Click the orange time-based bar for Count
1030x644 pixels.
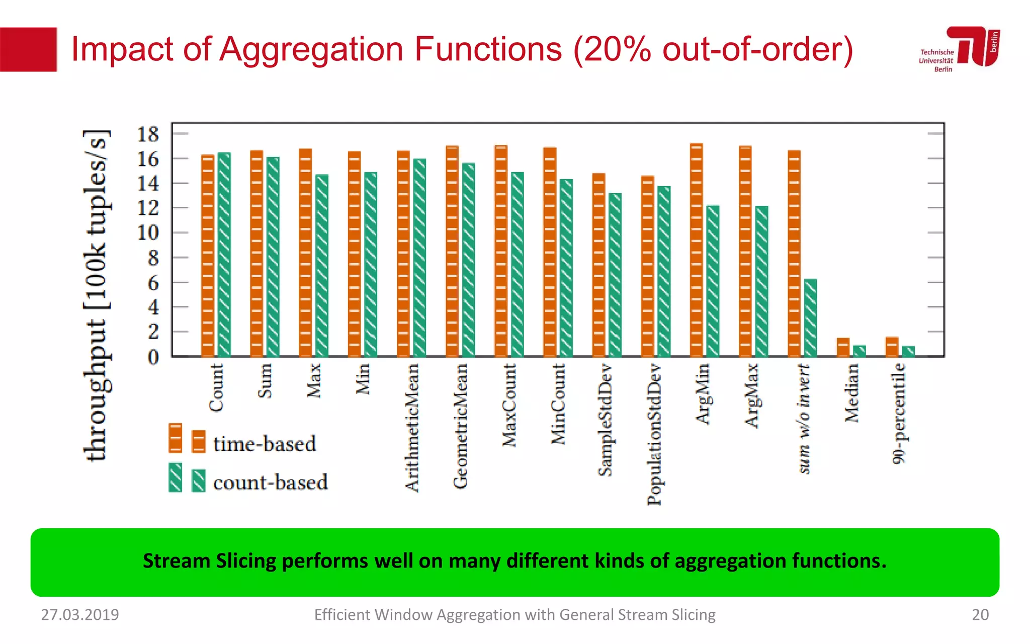click(208, 257)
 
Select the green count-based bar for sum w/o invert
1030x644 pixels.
click(810, 318)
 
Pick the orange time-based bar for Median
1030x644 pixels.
click(843, 347)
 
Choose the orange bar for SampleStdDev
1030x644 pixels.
click(598, 265)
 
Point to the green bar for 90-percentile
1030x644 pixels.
click(908, 351)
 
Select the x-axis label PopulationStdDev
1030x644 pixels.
click(654, 434)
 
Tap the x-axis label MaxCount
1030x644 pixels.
click(509, 405)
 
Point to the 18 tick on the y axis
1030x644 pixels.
click(148, 134)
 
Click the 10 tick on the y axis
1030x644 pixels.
click(148, 233)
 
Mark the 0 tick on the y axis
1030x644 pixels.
click(153, 357)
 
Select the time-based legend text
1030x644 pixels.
click(265, 444)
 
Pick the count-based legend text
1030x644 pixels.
click(270, 482)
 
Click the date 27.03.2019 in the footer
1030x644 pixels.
click(80, 614)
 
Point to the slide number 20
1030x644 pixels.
click(980, 614)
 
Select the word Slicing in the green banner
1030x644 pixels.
click(246, 561)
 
